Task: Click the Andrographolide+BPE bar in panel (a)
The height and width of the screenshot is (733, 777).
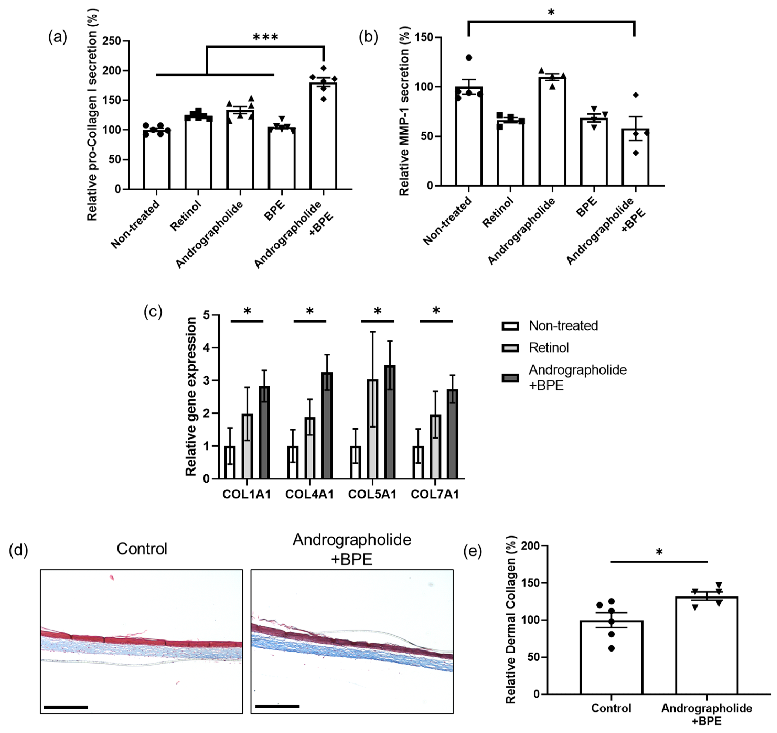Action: coord(323,137)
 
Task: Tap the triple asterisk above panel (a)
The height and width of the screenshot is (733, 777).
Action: coord(266,37)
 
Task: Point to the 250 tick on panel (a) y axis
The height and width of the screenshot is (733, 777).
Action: coord(111,41)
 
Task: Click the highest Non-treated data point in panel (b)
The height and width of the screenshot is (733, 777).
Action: coord(469,58)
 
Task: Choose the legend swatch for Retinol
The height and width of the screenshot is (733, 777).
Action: coord(510,348)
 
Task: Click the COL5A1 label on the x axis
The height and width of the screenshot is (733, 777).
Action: coord(372,494)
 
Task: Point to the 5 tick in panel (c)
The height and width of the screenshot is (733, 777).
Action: coord(206,315)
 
